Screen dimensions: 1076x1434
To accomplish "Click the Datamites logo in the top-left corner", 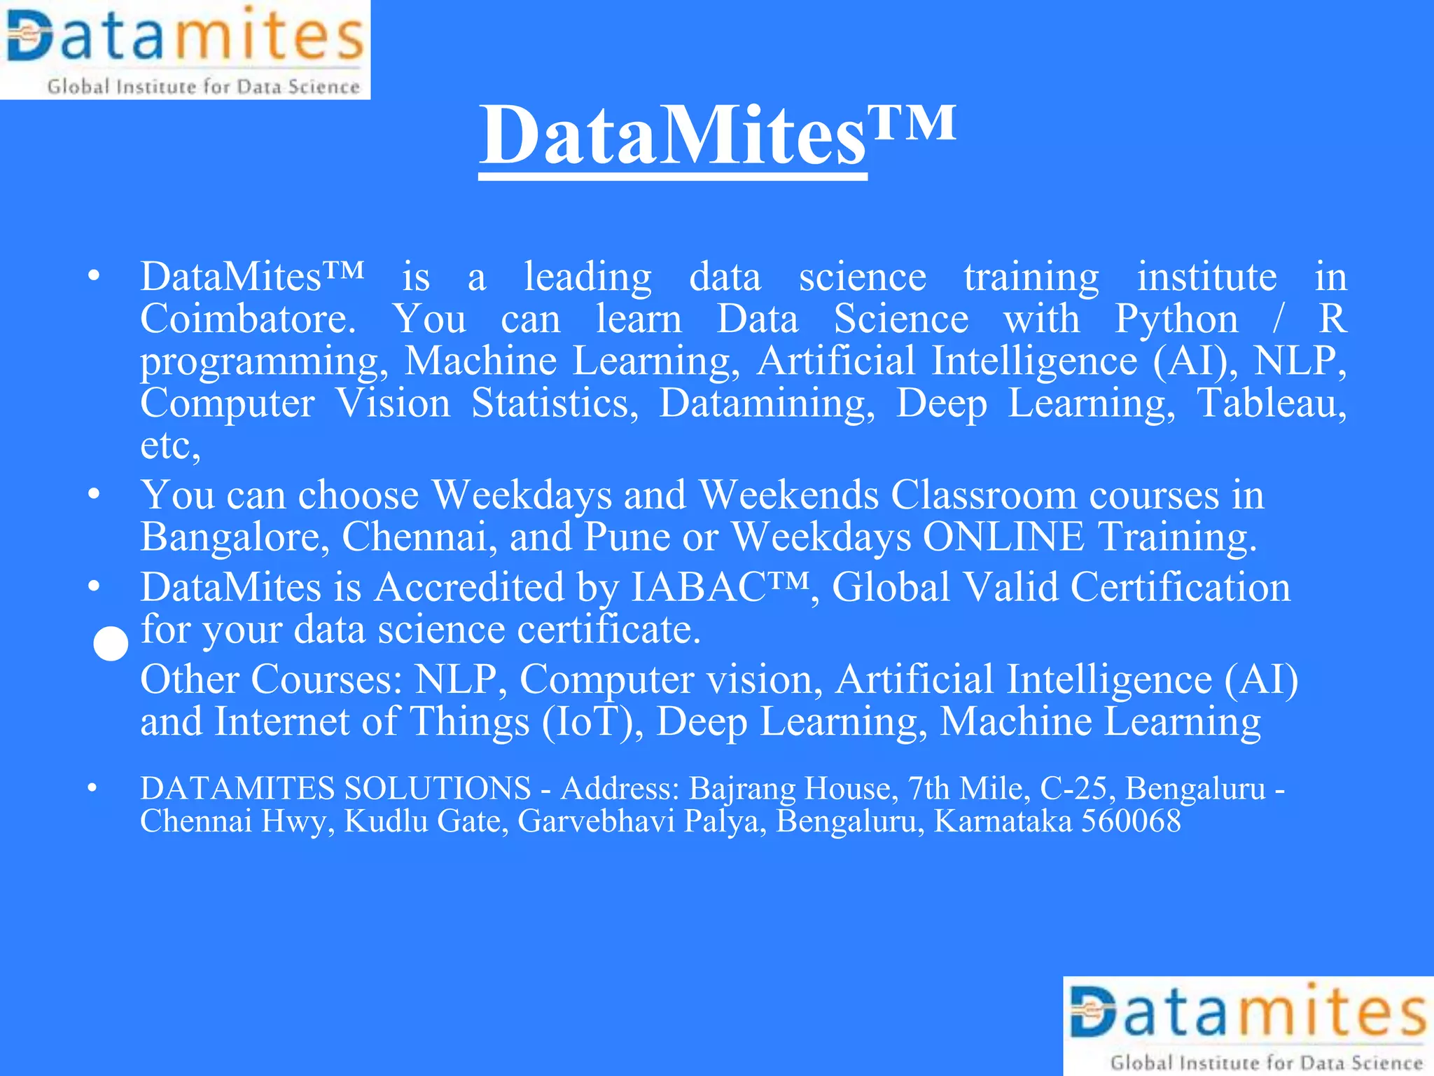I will tap(185, 49).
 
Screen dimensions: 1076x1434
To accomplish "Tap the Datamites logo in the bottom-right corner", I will tap(1248, 1026).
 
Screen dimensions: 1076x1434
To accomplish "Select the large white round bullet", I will tap(111, 644).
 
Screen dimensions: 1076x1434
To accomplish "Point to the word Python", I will tap(1176, 319).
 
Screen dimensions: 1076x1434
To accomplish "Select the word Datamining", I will tap(767, 403).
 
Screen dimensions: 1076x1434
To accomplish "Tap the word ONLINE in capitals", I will tap(1003, 537).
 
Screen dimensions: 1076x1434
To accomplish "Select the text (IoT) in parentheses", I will tap(592, 722).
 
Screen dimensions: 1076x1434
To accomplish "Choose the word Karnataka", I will tap(1003, 821).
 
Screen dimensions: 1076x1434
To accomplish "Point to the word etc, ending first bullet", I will tap(170, 446).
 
